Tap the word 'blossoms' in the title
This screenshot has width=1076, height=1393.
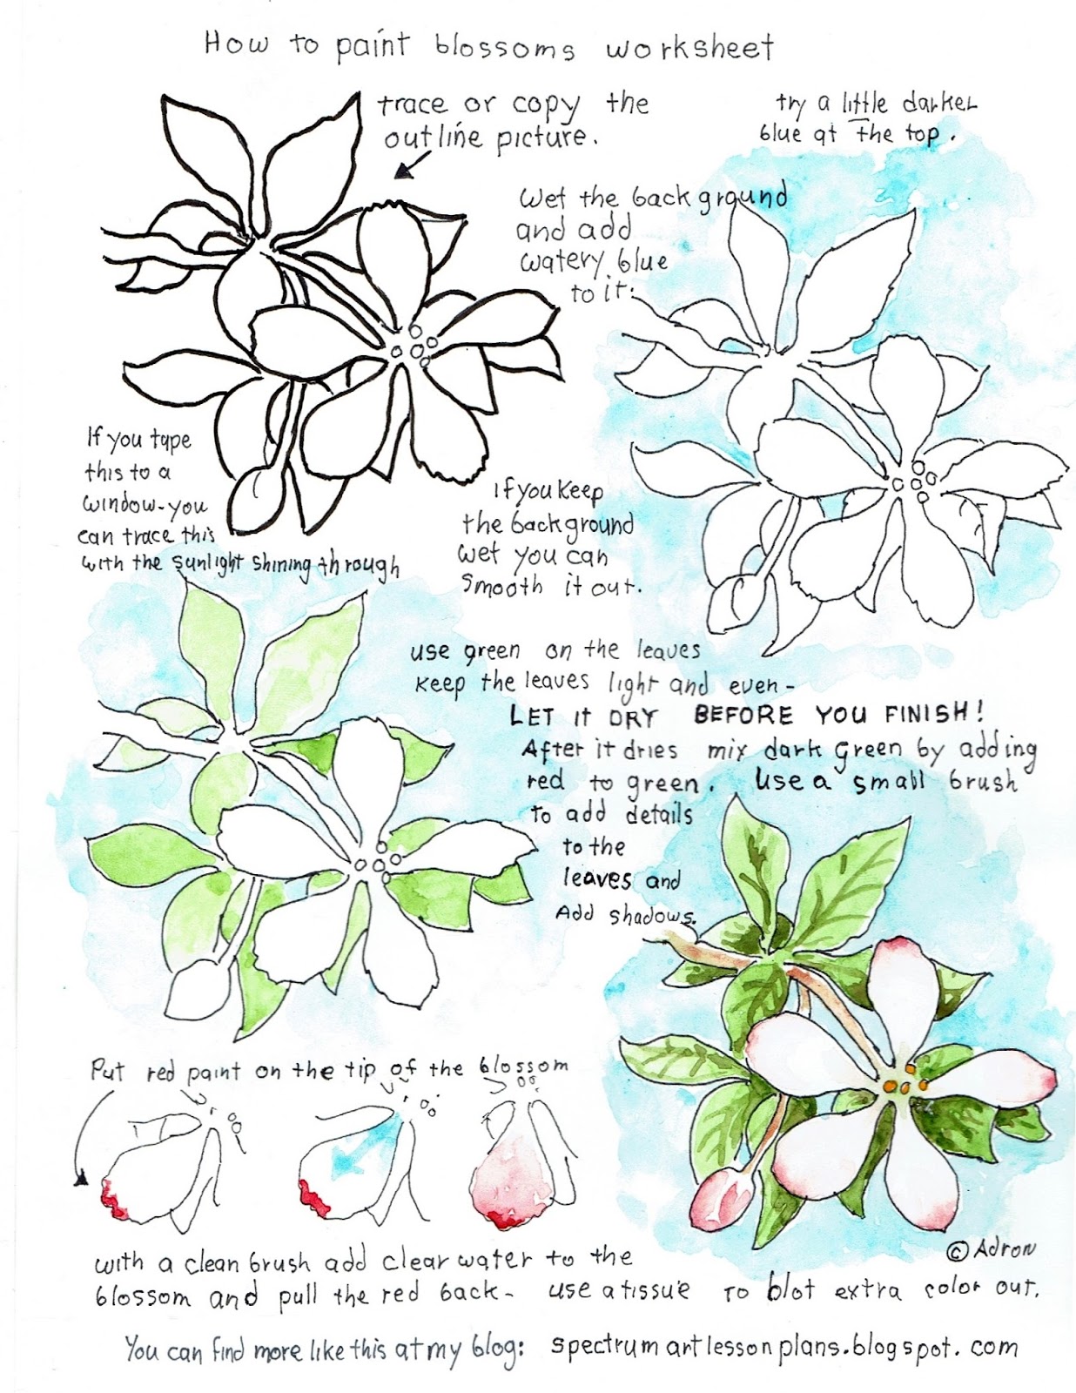[x=505, y=50]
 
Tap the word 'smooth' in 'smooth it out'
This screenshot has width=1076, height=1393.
[x=501, y=585]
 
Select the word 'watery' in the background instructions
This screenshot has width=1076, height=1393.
[x=563, y=264]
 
